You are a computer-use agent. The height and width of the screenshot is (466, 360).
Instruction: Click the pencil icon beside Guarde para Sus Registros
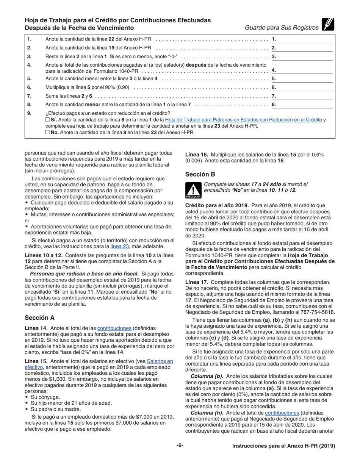[327, 24]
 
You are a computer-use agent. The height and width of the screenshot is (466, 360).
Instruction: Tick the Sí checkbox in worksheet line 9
[47, 120]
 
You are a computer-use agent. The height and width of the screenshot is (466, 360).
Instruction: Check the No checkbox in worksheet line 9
[47, 133]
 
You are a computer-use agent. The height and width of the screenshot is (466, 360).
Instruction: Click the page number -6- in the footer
[180, 446]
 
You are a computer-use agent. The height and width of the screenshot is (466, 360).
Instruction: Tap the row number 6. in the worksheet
[30, 88]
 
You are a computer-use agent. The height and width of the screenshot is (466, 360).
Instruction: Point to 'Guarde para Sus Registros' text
[282, 28]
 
